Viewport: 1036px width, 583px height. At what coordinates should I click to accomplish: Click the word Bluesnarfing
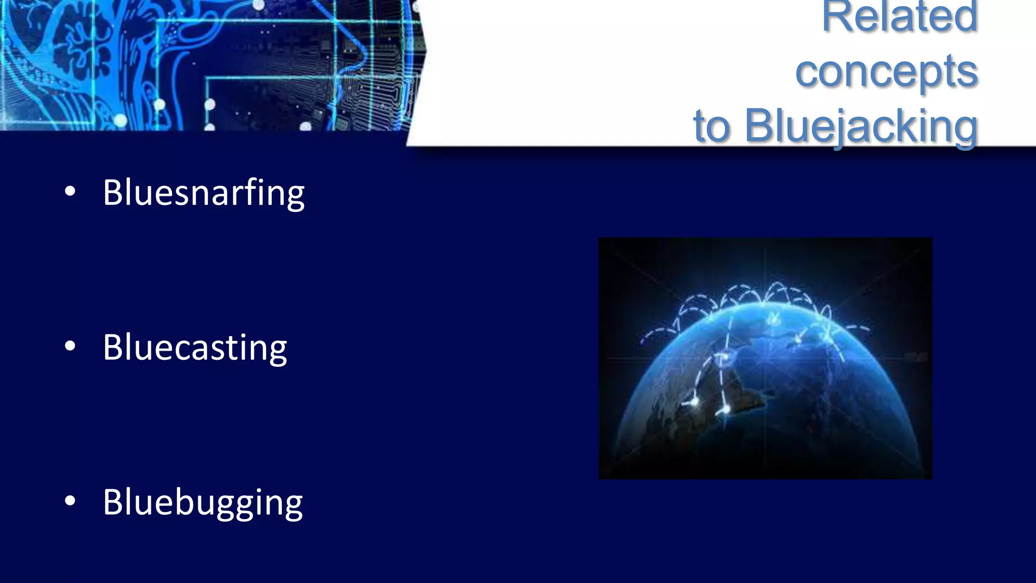(x=203, y=193)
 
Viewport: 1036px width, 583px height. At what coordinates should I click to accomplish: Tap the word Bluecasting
(x=195, y=348)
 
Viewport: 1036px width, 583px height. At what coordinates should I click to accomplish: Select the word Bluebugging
(x=202, y=503)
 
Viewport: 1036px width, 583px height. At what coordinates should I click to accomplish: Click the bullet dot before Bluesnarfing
(x=70, y=191)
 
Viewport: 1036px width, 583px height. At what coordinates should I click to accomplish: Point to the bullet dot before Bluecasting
(x=70, y=346)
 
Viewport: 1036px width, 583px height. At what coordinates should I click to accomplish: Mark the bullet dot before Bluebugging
(x=70, y=501)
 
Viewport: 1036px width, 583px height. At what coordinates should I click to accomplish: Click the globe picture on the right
(x=765, y=358)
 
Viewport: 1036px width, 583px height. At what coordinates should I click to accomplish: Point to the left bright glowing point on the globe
(x=695, y=401)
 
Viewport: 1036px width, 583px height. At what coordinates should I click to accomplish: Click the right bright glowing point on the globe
(x=725, y=408)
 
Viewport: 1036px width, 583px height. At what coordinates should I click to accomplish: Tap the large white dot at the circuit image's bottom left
(x=120, y=120)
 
